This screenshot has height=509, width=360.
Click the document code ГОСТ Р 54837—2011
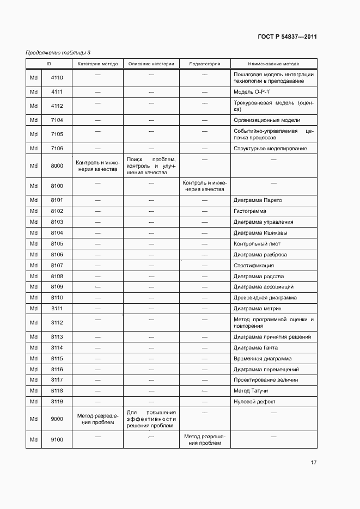[x=287, y=37]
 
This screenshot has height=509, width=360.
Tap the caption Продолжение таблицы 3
[x=58, y=52]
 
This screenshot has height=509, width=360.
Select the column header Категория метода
[x=97, y=64]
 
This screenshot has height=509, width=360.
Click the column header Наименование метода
[x=273, y=64]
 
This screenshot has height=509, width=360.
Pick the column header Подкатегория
[x=205, y=64]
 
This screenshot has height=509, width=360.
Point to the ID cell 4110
[x=57, y=78]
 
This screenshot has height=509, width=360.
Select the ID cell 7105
[x=57, y=134]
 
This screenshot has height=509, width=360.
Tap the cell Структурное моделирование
[x=270, y=149]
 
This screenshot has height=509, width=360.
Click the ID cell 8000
[x=57, y=166]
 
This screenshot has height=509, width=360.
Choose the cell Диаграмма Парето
[x=258, y=200]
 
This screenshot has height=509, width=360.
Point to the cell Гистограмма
[x=250, y=211]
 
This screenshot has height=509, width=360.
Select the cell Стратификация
[x=253, y=266]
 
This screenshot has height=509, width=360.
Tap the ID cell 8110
[x=57, y=298]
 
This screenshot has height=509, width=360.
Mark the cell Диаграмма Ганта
[x=255, y=348]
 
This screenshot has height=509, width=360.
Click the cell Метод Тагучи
[x=251, y=391]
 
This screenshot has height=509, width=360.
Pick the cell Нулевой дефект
[x=254, y=402]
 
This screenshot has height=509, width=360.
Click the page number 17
[x=314, y=463]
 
